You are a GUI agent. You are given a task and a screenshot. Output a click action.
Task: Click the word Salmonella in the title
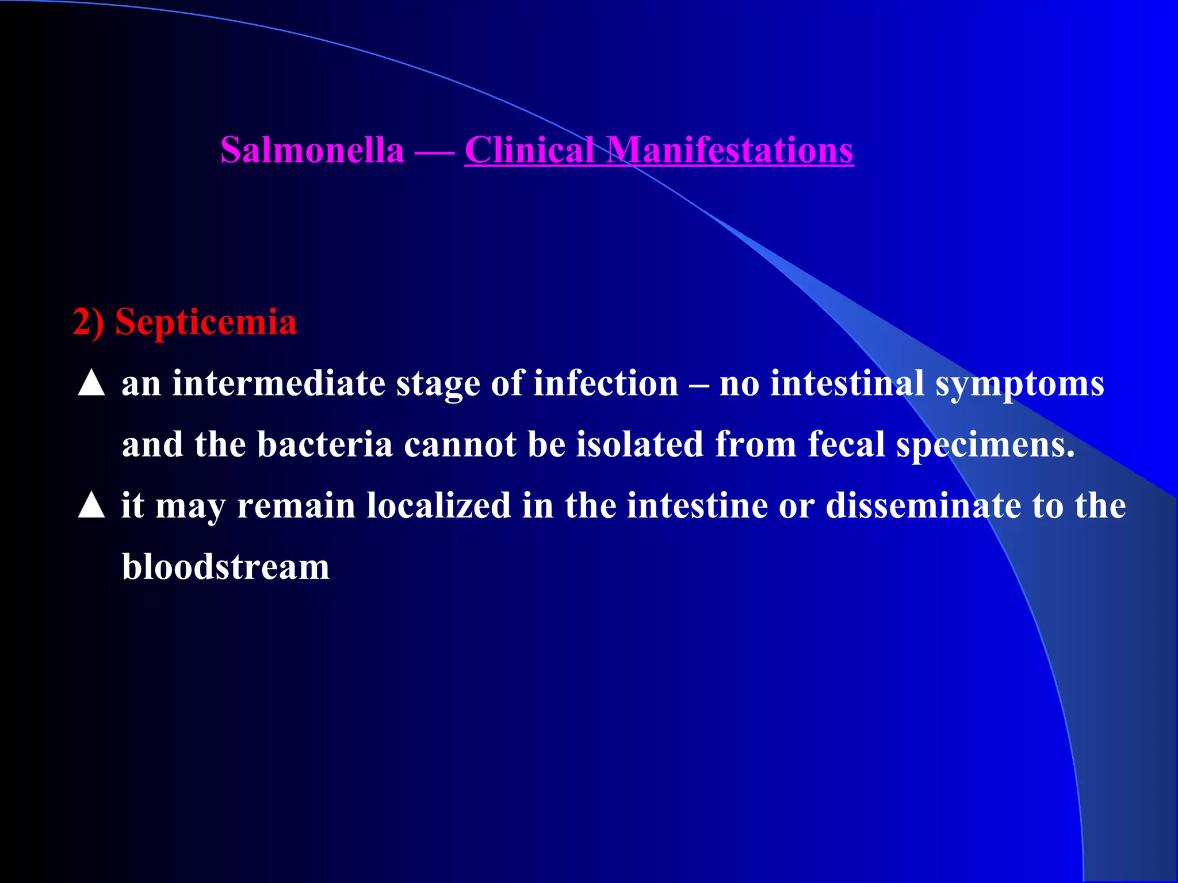pos(312,150)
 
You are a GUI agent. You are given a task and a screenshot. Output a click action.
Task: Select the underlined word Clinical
pos(530,150)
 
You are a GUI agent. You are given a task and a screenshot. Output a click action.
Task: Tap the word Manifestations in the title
pos(730,150)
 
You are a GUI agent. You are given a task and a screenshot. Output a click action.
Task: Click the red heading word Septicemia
pos(205,321)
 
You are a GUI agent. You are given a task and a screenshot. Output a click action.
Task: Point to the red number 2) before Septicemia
pos(88,321)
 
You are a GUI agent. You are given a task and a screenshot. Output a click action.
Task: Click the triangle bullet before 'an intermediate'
pos(91,383)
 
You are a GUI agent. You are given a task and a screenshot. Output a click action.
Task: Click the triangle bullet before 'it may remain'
pos(91,506)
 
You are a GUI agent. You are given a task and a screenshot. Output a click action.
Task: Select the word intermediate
pos(279,383)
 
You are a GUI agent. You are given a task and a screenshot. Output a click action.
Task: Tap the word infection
pos(606,383)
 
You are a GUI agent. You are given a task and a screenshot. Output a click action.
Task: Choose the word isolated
pos(640,444)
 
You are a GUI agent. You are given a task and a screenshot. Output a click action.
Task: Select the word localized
pos(439,506)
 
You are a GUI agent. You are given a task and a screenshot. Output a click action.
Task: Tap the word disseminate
pos(923,506)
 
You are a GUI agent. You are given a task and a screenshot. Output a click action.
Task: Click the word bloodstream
pos(226,567)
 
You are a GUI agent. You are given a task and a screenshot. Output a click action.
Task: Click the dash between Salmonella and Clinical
pos(434,151)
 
